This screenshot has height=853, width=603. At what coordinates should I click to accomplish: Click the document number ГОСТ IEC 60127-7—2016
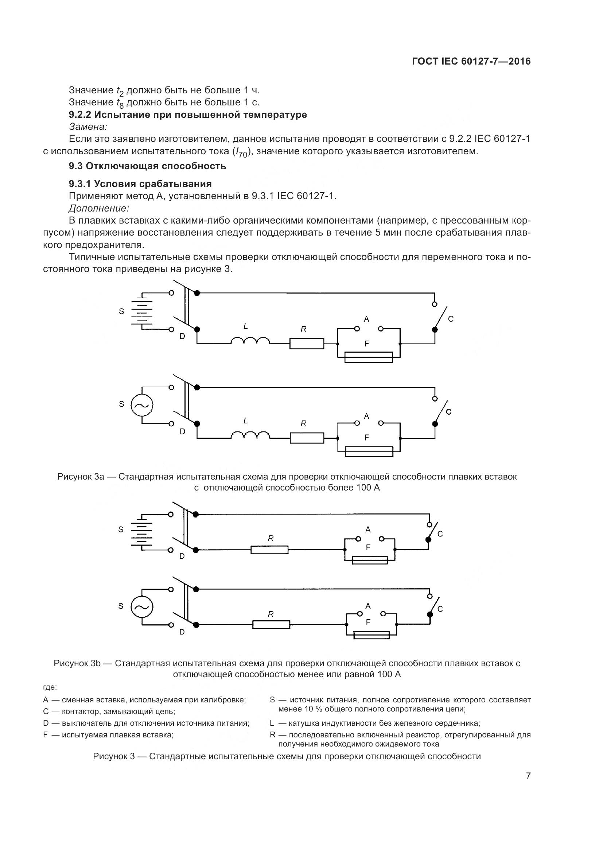tap(471, 62)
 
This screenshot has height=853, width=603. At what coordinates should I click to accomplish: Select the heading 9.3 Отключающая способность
tap(147, 166)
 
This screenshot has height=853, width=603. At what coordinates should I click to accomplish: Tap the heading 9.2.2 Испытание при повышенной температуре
tap(188, 115)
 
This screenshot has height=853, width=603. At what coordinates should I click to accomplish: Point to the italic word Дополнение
tap(99, 208)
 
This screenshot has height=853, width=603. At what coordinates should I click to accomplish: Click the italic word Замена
tap(88, 127)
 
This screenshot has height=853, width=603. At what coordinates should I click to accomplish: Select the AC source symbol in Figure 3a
tap(142, 405)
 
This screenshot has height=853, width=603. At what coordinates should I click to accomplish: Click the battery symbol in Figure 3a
tap(142, 311)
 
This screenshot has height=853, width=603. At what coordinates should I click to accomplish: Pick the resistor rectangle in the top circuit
tap(307, 344)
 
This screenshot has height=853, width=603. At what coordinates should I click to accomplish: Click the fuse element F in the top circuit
tap(368, 357)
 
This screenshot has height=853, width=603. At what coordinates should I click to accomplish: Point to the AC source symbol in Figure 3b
tap(142, 607)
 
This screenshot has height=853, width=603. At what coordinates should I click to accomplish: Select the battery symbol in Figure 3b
tap(141, 532)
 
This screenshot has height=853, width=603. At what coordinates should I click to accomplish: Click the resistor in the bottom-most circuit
tap(271, 624)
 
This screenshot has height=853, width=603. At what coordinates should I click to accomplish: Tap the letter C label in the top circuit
tap(451, 319)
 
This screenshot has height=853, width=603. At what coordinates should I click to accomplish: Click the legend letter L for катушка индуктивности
tap(272, 723)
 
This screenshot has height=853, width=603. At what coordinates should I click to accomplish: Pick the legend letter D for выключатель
tap(46, 723)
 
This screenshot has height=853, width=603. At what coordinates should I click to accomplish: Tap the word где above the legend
tap(50, 688)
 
